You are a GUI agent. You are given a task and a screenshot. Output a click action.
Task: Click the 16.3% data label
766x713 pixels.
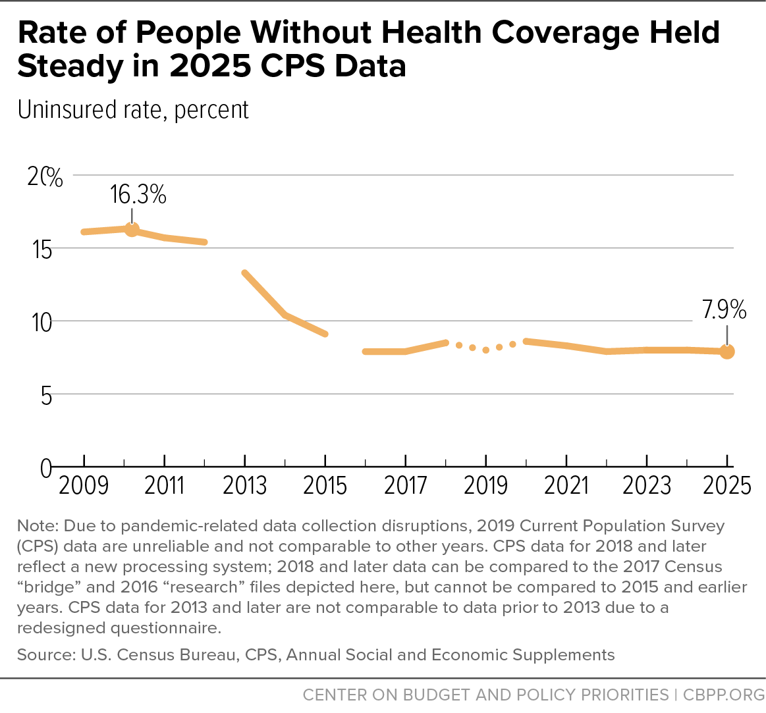point(138,194)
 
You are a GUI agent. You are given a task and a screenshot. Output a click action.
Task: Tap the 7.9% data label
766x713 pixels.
point(724,309)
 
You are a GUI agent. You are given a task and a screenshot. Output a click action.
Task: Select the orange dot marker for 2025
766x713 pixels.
point(727,352)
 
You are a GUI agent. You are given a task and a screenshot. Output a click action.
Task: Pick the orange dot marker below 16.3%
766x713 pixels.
point(132,229)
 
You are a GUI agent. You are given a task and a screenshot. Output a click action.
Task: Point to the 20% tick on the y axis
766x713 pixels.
point(45,177)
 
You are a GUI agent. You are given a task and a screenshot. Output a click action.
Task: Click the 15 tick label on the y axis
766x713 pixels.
point(42,250)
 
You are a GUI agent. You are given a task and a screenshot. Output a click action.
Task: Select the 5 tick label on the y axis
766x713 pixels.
point(46,396)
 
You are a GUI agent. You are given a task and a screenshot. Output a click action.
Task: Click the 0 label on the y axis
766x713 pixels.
point(45,469)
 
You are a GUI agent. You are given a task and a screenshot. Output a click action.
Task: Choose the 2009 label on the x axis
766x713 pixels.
point(84,486)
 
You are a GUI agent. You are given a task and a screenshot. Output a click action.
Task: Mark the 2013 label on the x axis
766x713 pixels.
point(245,486)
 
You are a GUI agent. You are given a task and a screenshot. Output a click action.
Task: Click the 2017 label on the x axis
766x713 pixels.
point(406,486)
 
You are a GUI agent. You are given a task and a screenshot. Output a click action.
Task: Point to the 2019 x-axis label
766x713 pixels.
point(485,486)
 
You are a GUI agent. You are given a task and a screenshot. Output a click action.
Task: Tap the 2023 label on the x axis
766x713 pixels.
point(647,486)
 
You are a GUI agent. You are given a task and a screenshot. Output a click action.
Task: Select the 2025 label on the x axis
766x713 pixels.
point(727,486)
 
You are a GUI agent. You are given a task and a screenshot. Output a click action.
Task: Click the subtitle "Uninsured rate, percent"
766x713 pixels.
point(133,111)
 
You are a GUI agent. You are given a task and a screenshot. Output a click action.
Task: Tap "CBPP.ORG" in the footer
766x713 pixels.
point(723,695)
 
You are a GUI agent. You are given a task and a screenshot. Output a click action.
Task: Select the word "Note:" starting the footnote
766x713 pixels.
point(38,526)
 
